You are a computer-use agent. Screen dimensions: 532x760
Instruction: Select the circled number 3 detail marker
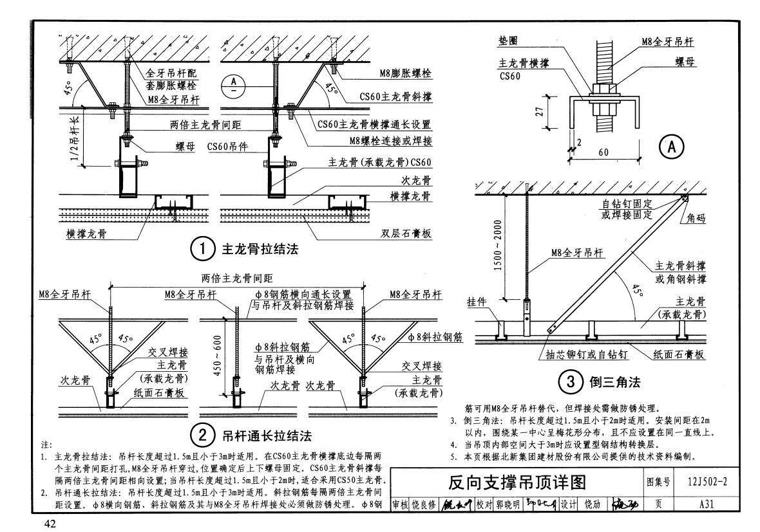point(571,383)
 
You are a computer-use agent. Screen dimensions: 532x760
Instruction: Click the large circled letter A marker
point(670,147)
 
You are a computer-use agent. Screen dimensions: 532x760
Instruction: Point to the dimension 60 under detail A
point(604,152)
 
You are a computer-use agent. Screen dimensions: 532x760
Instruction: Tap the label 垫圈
point(508,40)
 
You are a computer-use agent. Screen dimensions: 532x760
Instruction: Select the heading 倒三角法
point(614,383)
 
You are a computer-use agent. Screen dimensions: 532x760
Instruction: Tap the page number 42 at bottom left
point(51,523)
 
